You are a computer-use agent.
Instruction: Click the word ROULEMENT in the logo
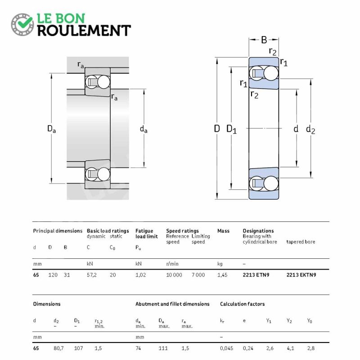84,31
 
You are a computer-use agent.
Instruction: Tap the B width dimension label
264,40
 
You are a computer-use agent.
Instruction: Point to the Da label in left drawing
51,129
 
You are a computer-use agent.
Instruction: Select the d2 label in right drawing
310,130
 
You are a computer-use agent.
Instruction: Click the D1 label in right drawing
231,129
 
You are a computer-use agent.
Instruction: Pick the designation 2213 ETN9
256,275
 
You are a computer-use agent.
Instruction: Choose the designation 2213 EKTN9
301,275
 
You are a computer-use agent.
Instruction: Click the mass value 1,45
222,275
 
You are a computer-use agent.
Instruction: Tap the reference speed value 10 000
174,275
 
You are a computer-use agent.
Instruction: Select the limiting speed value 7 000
198,275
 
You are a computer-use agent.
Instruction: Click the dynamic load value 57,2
92,275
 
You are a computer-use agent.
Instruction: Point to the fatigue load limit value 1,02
140,275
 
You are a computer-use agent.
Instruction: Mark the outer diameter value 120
53,275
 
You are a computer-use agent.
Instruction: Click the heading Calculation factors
242,304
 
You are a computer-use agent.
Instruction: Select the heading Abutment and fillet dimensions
172,304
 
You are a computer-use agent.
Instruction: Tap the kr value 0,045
226,348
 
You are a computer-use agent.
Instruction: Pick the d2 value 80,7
58,348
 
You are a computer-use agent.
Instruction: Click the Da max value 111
163,348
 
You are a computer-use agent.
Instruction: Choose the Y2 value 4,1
290,348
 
